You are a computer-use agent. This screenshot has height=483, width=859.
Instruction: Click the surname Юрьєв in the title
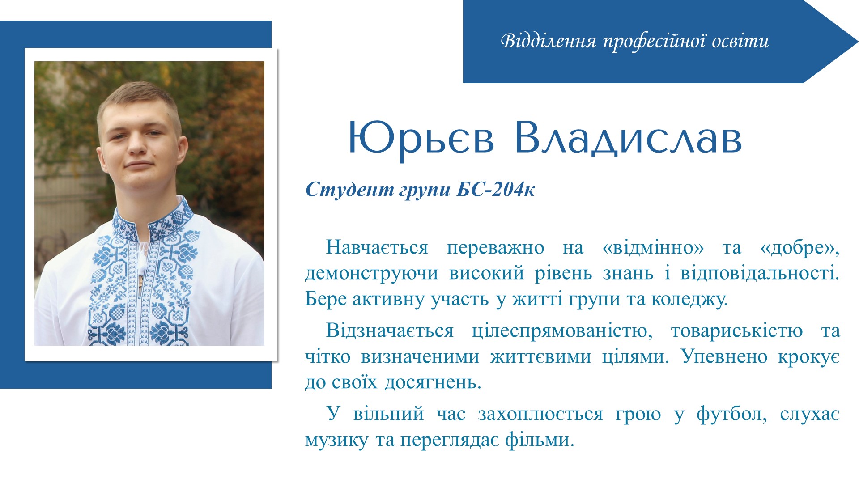pos(421,138)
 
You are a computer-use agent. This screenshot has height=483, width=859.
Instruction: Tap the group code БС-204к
pos(495,190)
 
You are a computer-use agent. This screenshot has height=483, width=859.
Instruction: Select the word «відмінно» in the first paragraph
pos(653,247)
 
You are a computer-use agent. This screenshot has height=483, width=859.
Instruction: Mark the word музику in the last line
pos(336,441)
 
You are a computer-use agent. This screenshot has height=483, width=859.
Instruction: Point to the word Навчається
pos(377,247)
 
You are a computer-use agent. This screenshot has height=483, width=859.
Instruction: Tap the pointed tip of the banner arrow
pos(858,42)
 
